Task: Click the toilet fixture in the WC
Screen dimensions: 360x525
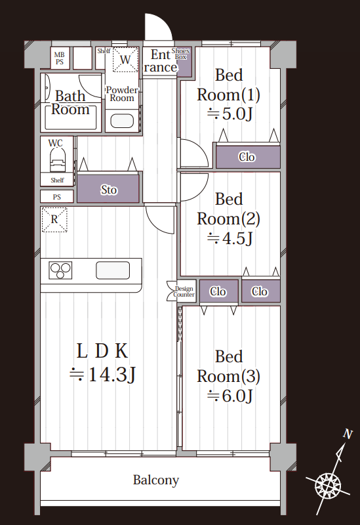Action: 58,160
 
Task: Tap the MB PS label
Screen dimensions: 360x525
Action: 60,58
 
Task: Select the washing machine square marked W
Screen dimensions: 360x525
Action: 125,59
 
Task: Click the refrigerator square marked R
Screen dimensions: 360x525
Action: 54,219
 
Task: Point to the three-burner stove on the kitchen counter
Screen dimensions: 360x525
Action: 60,270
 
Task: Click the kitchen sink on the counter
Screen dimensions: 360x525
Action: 113,270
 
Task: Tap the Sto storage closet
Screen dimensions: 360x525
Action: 108,189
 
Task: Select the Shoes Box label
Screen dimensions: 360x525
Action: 181,54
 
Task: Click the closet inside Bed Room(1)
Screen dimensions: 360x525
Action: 248,157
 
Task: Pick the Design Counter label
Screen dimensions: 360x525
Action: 184,291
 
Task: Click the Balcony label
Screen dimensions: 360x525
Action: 156,480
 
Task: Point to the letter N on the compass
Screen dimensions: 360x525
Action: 348,434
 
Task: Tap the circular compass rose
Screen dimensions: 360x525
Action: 328,485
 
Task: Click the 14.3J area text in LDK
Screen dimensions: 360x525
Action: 102,374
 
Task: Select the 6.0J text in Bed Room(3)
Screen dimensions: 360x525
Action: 230,396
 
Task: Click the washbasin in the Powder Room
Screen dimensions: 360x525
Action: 122,121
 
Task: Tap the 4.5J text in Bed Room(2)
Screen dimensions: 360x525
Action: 230,238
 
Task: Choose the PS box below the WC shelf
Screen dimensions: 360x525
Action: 57,196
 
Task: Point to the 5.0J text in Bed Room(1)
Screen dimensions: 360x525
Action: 230,114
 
